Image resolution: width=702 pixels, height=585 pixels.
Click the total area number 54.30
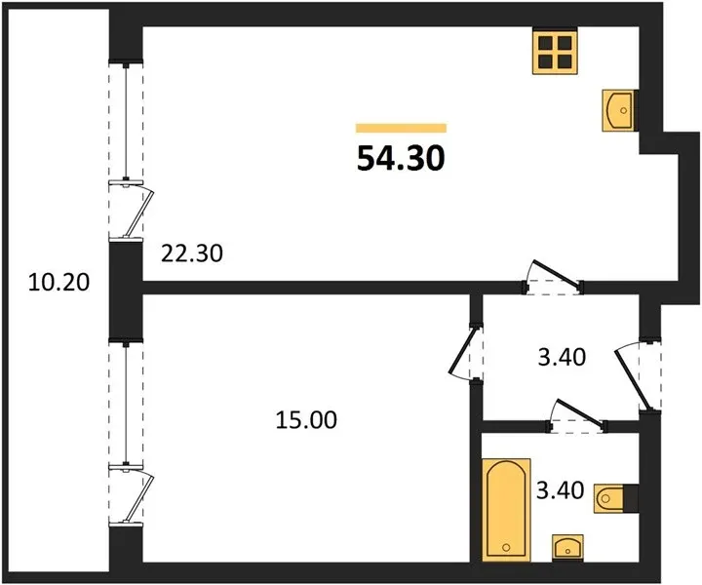pos(401,159)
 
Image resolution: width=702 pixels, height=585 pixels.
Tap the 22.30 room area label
pos(192,253)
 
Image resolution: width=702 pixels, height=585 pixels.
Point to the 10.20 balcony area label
pos(58,283)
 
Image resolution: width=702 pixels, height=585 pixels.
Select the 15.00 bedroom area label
pos(306,420)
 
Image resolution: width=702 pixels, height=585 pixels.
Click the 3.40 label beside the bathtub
pos(560,490)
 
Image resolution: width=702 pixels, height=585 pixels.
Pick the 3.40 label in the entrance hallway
pos(562,358)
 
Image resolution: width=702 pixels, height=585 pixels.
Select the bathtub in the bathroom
pos(506,510)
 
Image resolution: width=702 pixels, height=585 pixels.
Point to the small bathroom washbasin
pos(567,547)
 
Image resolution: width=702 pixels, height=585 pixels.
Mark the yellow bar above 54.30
pos(401,128)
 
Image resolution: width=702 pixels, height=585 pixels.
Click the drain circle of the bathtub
pos(506,547)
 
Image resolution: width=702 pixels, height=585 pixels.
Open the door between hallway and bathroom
pos(577,414)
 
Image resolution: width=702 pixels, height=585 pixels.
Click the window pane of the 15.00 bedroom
pos(126,402)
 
